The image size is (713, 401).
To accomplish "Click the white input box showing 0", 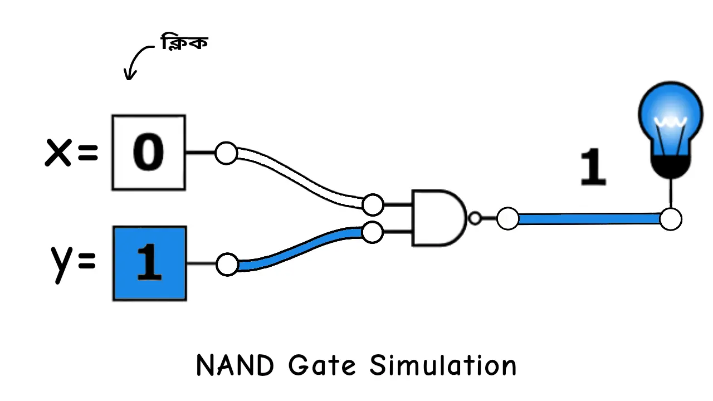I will pyautogui.click(x=149, y=152).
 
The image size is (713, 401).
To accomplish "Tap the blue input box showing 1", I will pyautogui.click(x=149, y=263).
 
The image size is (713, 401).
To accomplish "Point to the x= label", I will pyautogui.click(x=71, y=152).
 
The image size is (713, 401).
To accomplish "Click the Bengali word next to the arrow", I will pyautogui.click(x=184, y=43).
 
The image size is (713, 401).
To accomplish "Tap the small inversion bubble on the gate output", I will pyautogui.click(x=475, y=218).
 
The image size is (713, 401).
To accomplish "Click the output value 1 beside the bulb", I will pyautogui.click(x=593, y=167).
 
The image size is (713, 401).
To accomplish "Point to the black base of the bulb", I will pyautogui.click(x=671, y=165).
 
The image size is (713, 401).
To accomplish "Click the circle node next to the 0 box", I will pyautogui.click(x=226, y=153).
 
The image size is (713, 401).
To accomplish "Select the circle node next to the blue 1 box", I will pyautogui.click(x=227, y=264).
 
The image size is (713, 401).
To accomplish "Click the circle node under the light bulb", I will pyautogui.click(x=671, y=219).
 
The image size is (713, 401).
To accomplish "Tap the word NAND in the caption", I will pyautogui.click(x=235, y=366).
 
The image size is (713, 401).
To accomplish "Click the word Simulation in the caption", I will pyautogui.click(x=443, y=366).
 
